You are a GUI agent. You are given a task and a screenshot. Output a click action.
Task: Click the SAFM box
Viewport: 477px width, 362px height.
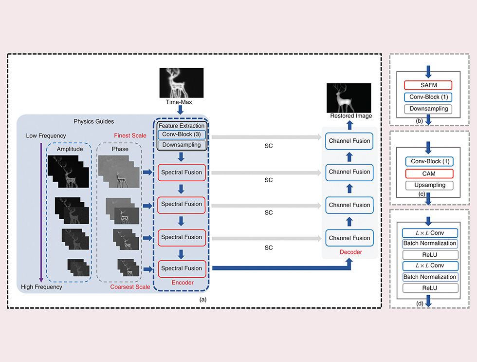coord(428,85)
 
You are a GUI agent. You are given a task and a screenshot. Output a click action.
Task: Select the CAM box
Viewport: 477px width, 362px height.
coord(428,173)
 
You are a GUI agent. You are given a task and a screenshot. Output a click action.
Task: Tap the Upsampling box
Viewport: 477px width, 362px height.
coord(428,185)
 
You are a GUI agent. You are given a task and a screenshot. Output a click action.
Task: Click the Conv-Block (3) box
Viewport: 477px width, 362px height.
coord(182,134)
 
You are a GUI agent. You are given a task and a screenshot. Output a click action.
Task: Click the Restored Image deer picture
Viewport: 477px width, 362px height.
coord(349,97)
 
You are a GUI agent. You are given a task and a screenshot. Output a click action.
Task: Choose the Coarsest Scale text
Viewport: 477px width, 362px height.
coord(130,287)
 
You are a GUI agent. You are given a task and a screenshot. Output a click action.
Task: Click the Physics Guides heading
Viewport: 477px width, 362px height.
coord(94,121)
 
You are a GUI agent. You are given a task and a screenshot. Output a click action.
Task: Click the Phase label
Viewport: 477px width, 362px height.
coord(120,149)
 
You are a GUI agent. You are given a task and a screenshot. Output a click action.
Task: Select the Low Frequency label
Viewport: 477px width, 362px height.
coord(46,135)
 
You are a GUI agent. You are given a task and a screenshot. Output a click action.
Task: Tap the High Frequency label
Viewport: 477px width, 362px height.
coord(41,287)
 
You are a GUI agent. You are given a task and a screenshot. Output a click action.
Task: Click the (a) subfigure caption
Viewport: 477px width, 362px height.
coord(203,299)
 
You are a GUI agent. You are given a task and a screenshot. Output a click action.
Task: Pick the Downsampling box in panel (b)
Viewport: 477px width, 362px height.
coord(428,109)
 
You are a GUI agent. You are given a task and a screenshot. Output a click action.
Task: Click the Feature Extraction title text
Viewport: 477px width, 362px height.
coord(182,126)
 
